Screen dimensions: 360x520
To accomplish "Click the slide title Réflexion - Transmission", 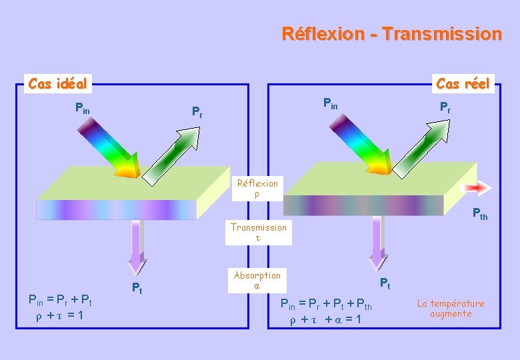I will click(x=391, y=33).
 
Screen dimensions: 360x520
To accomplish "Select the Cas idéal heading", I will click(x=57, y=83).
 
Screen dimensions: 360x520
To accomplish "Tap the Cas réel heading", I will click(x=463, y=83).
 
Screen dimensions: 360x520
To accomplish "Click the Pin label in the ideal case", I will click(x=83, y=107).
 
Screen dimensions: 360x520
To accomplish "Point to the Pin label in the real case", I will click(x=330, y=103).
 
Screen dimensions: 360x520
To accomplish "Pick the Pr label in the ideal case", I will click(x=197, y=111).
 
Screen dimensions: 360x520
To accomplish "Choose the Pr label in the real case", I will click(x=445, y=107).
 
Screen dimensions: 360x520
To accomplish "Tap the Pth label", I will click(x=479, y=215).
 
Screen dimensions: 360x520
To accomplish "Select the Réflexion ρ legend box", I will click(x=257, y=188).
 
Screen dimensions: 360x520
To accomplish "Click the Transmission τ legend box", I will click(x=259, y=232).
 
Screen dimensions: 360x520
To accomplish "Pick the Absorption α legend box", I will click(x=257, y=280).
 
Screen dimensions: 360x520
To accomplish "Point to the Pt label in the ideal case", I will click(x=136, y=289).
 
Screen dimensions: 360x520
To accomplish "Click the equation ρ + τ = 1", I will click(x=59, y=315).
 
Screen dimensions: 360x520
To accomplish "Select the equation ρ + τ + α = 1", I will click(x=325, y=319).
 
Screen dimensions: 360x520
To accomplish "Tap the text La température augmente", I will click(x=451, y=308).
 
